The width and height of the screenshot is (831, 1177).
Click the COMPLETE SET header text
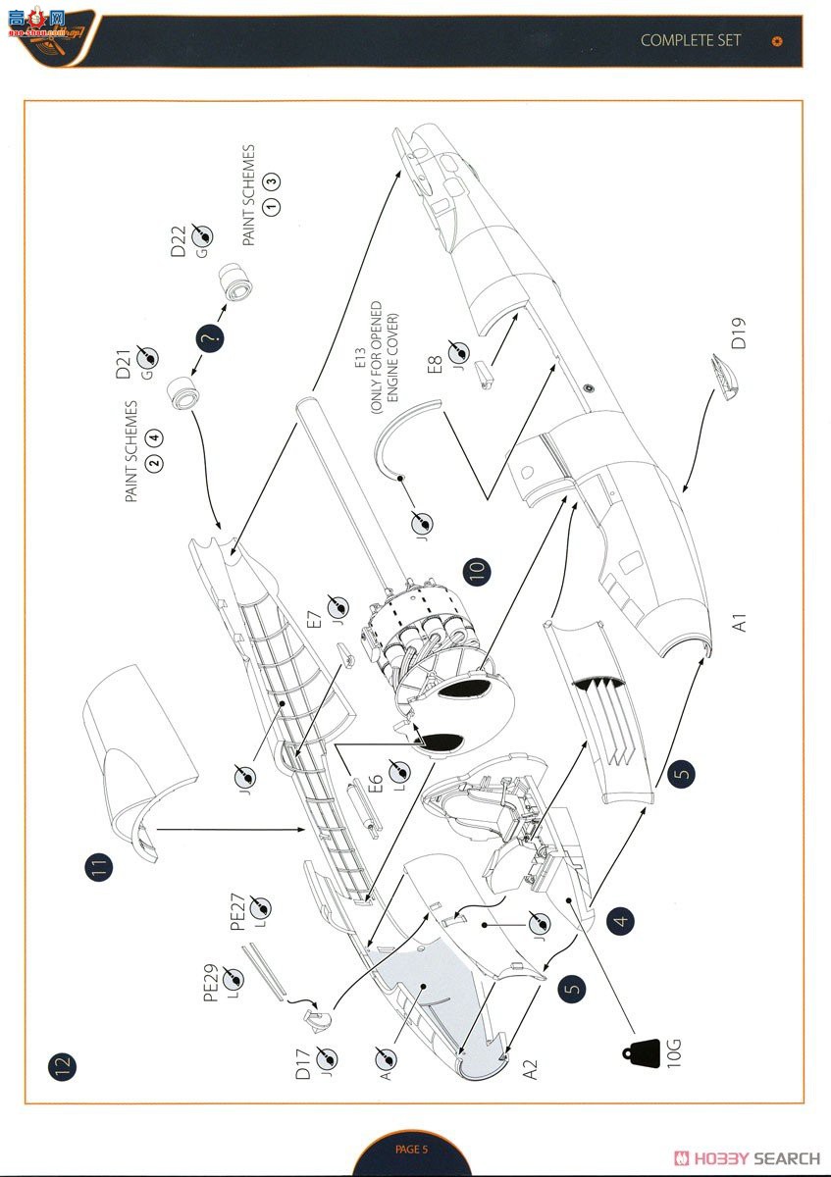coord(691,40)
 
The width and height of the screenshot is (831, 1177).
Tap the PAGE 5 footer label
coord(412,1149)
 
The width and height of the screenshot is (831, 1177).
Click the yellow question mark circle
coord(209,339)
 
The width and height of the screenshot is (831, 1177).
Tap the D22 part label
coord(179,240)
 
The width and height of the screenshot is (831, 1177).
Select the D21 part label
coord(124,363)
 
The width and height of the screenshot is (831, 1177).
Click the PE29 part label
coord(209,983)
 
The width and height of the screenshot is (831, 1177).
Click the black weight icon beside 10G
coord(643,1055)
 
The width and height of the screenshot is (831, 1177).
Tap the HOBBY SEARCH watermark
coord(747,1158)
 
